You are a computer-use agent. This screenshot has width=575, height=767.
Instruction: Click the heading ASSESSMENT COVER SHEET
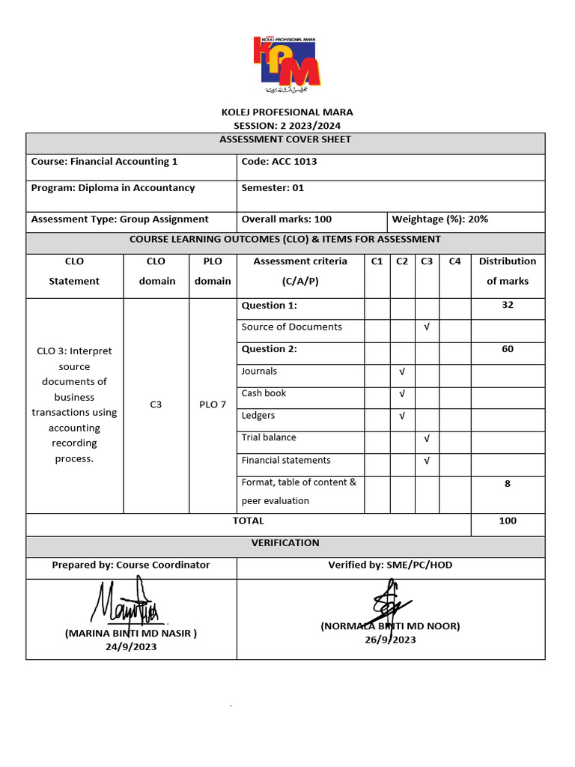(x=285, y=139)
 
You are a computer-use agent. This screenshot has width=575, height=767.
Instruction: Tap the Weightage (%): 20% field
(x=440, y=219)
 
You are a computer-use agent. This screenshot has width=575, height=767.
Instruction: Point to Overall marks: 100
(x=287, y=219)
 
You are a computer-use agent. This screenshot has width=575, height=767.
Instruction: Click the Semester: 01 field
(x=273, y=188)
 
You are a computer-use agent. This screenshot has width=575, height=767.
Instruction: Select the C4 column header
(x=455, y=261)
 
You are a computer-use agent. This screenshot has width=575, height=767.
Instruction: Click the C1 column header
(x=377, y=261)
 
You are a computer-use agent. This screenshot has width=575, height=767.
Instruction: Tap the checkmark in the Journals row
(x=402, y=372)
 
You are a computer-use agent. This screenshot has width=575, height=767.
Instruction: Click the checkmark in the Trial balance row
(x=426, y=438)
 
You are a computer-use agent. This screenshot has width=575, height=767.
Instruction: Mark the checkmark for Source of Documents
(x=426, y=327)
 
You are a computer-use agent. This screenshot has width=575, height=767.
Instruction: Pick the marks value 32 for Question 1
(x=508, y=306)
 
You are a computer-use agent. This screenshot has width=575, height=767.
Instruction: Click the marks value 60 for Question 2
(x=508, y=349)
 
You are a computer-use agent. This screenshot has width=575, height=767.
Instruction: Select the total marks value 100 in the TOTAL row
(x=508, y=521)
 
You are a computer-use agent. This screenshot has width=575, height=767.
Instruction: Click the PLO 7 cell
(x=213, y=404)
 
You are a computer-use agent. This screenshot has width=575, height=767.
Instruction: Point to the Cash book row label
(x=264, y=393)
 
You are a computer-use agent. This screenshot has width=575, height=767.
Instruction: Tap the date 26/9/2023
(x=390, y=640)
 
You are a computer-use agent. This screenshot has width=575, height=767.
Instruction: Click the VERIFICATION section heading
(x=285, y=543)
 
